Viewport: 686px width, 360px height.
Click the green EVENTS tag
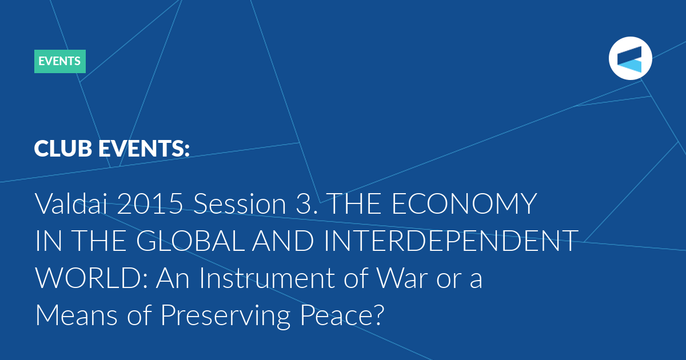click(60, 61)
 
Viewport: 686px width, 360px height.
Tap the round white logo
click(630, 58)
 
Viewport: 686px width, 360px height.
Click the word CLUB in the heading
click(63, 149)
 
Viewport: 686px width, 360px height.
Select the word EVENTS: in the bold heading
click(144, 149)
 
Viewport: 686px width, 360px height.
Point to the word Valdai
click(71, 203)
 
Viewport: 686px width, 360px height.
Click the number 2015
click(150, 203)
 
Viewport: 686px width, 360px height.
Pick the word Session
click(240, 203)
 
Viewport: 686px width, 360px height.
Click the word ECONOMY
click(464, 203)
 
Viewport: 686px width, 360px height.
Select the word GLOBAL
click(190, 241)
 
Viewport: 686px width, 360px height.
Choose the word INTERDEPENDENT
click(451, 241)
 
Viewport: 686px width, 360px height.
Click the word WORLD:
click(91, 278)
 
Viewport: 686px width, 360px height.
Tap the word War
click(401, 278)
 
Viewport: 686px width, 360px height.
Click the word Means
click(76, 315)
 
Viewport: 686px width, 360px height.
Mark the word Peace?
click(342, 315)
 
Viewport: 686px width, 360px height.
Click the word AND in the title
click(283, 241)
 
